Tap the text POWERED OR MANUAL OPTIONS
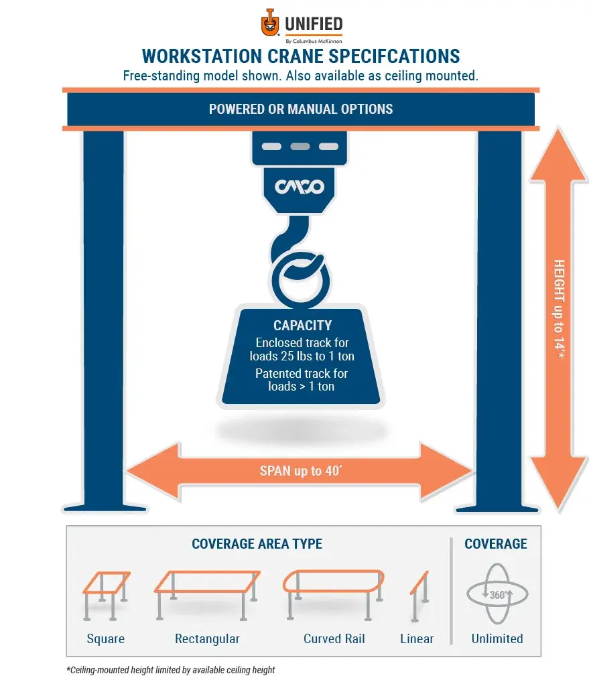point(301,109)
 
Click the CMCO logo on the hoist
point(300,186)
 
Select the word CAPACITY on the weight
point(302,326)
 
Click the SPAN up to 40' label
point(301,471)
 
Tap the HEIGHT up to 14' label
point(560,309)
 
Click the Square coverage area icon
point(105,592)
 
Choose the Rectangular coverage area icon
point(206,592)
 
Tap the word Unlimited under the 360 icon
point(497,638)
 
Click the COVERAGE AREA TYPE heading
point(257,543)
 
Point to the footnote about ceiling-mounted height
point(170,670)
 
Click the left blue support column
point(103,315)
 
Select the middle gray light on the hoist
point(300,146)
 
